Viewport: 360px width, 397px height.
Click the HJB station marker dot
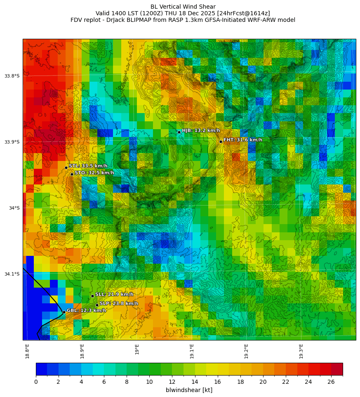[x=179, y=132]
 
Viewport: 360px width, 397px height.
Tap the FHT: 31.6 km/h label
[x=242, y=140]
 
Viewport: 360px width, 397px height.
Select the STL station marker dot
[x=66, y=168]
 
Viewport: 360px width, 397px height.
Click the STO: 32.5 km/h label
[x=94, y=173]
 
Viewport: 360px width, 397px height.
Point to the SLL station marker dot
[x=92, y=296]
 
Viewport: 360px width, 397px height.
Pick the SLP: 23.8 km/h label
[x=119, y=303]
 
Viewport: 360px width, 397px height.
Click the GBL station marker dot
[x=64, y=312]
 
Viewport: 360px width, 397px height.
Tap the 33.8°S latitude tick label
[x=12, y=76]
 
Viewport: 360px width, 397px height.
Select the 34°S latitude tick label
[x=14, y=208]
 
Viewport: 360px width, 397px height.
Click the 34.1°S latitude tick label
[x=12, y=274]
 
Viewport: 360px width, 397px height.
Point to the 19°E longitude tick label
[x=137, y=349]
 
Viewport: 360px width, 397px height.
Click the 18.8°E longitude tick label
[x=27, y=351]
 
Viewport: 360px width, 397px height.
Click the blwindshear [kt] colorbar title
[x=189, y=390]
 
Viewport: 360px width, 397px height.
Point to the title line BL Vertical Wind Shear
[x=183, y=7]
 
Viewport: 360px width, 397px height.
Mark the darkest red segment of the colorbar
[x=337, y=369]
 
